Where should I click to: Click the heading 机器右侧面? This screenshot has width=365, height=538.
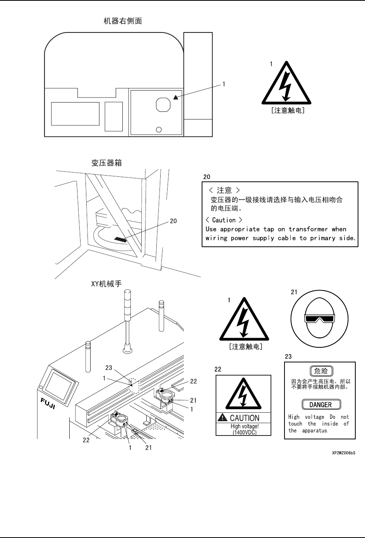(x=123, y=21)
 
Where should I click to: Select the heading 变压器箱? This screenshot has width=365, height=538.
(x=106, y=163)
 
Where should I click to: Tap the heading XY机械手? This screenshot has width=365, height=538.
(x=106, y=284)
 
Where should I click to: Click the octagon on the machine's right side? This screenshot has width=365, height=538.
(x=163, y=104)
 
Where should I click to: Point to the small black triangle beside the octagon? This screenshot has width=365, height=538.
(x=176, y=97)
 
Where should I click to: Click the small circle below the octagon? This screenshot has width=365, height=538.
(x=158, y=130)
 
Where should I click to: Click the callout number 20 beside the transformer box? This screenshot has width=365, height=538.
(x=173, y=221)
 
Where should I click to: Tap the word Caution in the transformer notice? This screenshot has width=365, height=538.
(x=224, y=220)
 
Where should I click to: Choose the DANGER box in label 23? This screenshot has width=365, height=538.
(x=321, y=405)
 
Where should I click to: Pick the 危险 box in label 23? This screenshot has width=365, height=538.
(x=321, y=371)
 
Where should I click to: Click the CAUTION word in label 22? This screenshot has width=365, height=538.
(x=245, y=418)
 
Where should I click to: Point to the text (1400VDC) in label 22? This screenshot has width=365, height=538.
(x=244, y=432)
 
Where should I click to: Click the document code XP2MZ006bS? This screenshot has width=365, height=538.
(x=343, y=452)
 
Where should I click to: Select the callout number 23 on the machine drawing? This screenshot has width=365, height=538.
(x=109, y=367)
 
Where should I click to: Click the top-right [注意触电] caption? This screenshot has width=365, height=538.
(x=287, y=111)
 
